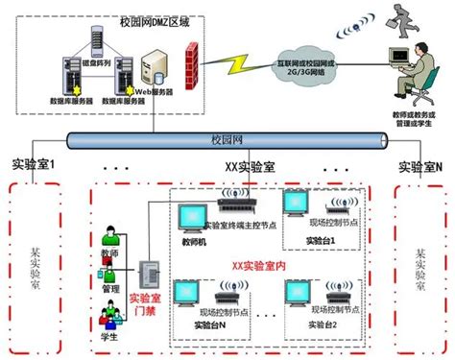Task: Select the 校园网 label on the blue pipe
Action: tap(227, 139)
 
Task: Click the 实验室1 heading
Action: tap(34, 164)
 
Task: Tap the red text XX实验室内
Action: tap(253, 261)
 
